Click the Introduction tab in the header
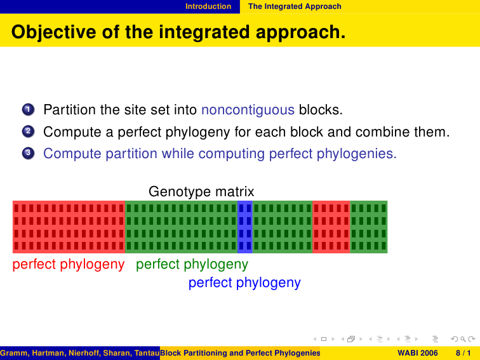[208, 6]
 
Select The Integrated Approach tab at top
[295, 6]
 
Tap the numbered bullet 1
[28, 109]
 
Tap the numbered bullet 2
[28, 131]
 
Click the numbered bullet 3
[28, 153]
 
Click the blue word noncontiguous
[248, 110]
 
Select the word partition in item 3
[131, 154]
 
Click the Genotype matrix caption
[201, 192]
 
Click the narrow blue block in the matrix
[245, 227]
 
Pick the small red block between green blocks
[331, 227]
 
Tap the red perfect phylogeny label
[69, 265]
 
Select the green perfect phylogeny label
[192, 265]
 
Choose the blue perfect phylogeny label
[244, 283]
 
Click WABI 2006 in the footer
[418, 353]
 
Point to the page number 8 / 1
[463, 353]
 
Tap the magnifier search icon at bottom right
[463, 339]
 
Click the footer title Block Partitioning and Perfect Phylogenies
[240, 353]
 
